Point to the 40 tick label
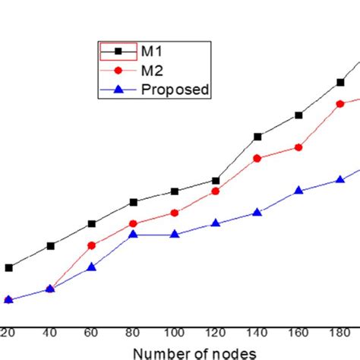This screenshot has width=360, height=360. tap(50, 333)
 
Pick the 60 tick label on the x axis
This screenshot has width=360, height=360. tap(91, 333)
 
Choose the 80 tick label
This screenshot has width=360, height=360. tap(133, 333)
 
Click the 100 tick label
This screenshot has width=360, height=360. tap(174, 333)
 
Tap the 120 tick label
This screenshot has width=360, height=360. tap(216, 333)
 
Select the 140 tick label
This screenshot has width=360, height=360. tap(257, 333)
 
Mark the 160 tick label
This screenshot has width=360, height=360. tap(298, 333)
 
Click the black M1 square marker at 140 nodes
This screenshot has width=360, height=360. tap(257, 137)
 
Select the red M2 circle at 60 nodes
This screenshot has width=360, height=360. tap(91, 245)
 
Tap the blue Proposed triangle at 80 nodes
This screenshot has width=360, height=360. tap(133, 235)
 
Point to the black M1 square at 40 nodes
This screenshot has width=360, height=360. tap(50, 245)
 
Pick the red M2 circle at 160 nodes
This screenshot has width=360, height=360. tap(298, 147)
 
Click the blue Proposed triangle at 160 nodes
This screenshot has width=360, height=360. tap(298, 191)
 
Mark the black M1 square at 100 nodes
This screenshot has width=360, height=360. tap(174, 191)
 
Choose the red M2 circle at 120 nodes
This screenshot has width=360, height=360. tap(216, 191)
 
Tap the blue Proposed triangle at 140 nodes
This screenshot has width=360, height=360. tap(257, 213)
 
